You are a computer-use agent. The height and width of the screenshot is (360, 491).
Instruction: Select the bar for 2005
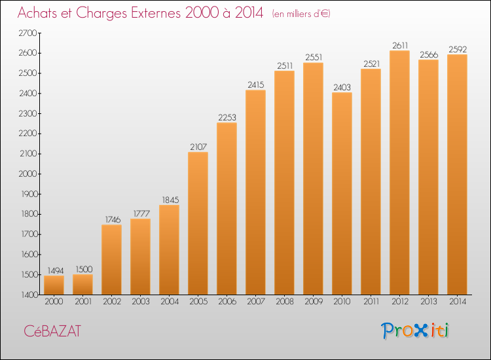click(198, 223)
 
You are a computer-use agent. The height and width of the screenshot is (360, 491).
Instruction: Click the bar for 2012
click(399, 173)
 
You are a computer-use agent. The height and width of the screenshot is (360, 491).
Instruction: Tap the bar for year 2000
click(54, 285)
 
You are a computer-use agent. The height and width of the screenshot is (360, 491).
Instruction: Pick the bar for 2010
click(342, 194)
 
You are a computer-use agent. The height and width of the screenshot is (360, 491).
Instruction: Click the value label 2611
click(400, 46)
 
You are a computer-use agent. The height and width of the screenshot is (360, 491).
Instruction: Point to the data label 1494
click(56, 270)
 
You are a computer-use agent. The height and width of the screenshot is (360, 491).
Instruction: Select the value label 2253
click(227, 117)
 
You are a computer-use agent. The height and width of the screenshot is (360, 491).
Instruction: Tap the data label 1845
click(170, 200)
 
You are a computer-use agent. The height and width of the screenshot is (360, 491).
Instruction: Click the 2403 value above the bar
click(342, 87)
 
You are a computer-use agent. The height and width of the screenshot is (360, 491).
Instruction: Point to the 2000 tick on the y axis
click(28, 174)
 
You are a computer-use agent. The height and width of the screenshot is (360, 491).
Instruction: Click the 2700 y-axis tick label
click(28, 33)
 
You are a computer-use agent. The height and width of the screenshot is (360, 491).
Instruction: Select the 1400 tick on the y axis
click(29, 295)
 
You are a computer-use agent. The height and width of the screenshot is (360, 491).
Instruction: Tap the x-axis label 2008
click(285, 302)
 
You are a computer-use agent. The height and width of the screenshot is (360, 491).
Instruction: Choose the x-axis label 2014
click(458, 302)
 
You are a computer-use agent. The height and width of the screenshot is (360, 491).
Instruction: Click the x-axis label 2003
click(141, 302)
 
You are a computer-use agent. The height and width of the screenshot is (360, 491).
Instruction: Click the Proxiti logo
click(415, 331)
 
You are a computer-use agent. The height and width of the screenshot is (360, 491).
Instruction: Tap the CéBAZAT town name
click(52, 331)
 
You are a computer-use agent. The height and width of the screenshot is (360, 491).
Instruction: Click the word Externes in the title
click(156, 13)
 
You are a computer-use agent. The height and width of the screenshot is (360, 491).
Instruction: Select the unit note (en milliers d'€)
click(301, 14)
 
